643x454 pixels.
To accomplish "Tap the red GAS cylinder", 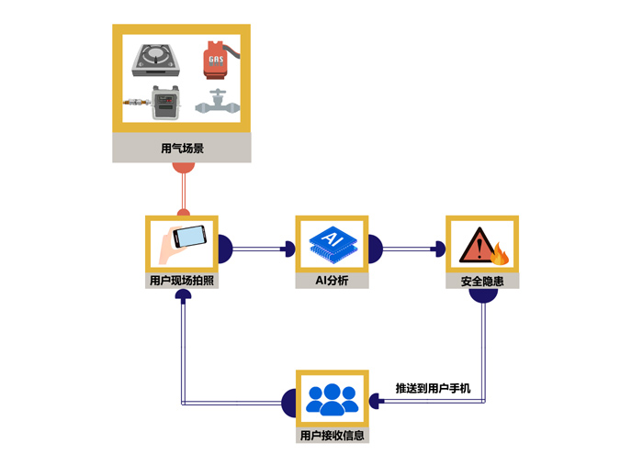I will click(216, 60).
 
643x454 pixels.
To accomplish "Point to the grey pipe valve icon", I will click(218, 103).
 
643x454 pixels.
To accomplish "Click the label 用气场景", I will click(181, 148).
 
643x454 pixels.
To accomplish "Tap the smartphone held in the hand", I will click(187, 237).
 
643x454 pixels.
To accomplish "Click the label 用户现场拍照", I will click(181, 281).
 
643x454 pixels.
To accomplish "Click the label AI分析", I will click(332, 281).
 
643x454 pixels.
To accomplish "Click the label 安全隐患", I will click(482, 281).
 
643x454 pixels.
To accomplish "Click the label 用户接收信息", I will click(332, 436).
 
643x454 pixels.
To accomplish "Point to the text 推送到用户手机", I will click(433, 389).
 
